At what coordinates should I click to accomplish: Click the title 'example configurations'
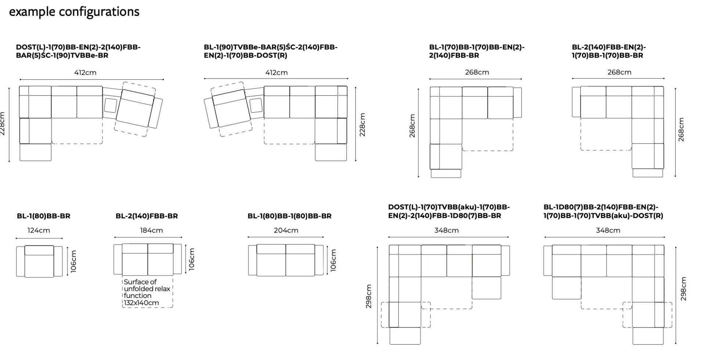(74, 12)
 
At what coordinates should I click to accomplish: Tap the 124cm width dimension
(39, 230)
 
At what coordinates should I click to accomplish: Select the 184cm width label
(151, 230)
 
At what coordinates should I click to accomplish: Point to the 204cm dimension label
(286, 230)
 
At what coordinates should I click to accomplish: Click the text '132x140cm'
(141, 303)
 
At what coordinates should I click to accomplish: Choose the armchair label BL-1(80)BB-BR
(43, 216)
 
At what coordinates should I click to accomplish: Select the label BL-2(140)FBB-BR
(147, 216)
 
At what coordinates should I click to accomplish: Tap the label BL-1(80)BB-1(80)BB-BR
(289, 216)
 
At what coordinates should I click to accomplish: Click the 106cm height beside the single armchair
(74, 261)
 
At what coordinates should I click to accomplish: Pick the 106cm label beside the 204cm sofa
(333, 260)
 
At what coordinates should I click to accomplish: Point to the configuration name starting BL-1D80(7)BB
(603, 211)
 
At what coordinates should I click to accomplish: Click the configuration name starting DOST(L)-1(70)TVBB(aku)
(449, 211)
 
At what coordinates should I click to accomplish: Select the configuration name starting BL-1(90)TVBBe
(271, 51)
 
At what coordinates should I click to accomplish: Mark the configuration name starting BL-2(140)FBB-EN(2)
(608, 51)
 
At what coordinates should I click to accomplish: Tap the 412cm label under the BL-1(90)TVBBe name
(276, 73)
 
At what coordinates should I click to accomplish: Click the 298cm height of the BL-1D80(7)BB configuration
(683, 289)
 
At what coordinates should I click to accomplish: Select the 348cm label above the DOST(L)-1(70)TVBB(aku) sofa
(446, 230)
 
